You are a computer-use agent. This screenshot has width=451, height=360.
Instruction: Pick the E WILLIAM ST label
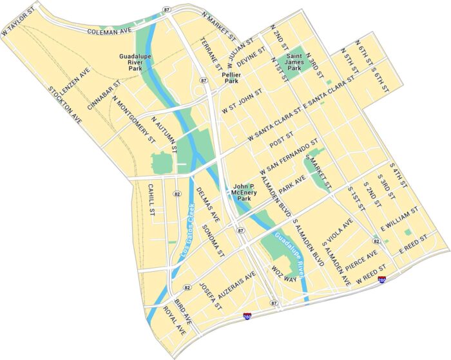coord(400,220)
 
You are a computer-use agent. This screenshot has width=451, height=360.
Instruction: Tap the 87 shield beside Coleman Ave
coord(167,10)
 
